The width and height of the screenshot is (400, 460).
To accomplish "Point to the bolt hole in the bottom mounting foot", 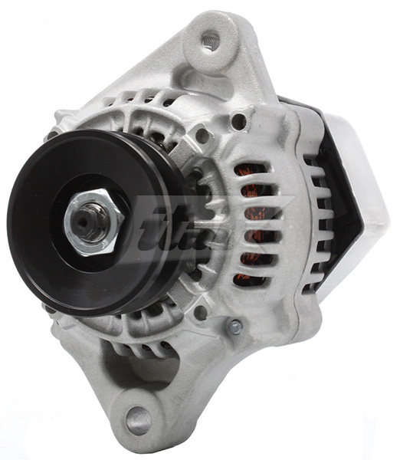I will tap(139, 419).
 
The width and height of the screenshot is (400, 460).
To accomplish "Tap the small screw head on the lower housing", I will tap(236, 327).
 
